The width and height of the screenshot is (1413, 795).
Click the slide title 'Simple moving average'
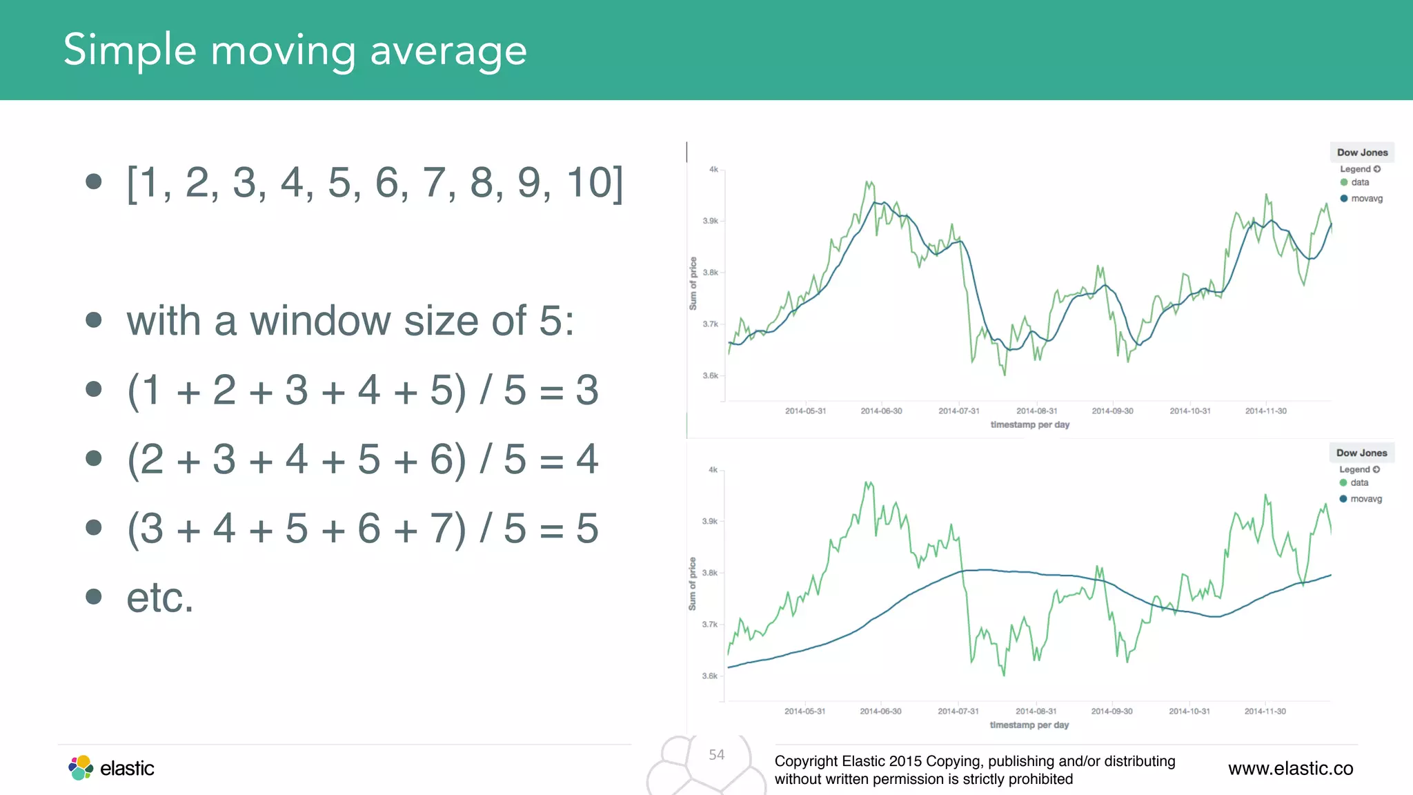pos(295,50)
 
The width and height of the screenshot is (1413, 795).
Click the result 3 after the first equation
pos(587,391)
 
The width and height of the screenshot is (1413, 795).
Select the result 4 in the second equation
pos(587,460)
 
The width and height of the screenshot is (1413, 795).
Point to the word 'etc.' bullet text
pos(160,598)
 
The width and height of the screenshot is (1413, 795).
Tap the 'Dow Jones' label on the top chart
pos(1362,153)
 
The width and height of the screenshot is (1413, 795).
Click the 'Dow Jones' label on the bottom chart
pos(1361,453)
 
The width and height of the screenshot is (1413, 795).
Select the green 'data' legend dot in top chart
pos(1344,182)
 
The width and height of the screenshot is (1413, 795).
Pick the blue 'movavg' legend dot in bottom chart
pos(1343,499)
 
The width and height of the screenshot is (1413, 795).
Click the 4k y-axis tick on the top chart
pos(713,169)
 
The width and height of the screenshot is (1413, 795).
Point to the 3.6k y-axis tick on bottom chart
pos(710,676)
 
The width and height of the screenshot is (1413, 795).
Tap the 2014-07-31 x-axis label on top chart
pos(958,411)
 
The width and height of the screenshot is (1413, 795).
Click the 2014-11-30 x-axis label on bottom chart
pos(1265,711)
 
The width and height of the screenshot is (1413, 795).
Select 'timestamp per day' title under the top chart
pos(1029,424)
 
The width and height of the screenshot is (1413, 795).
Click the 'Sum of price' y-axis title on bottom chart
pos(692,584)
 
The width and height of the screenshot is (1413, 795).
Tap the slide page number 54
pos(717,755)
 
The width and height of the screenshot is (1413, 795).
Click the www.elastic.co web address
pos(1290,768)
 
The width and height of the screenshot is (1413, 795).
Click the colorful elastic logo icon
pos(81,767)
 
